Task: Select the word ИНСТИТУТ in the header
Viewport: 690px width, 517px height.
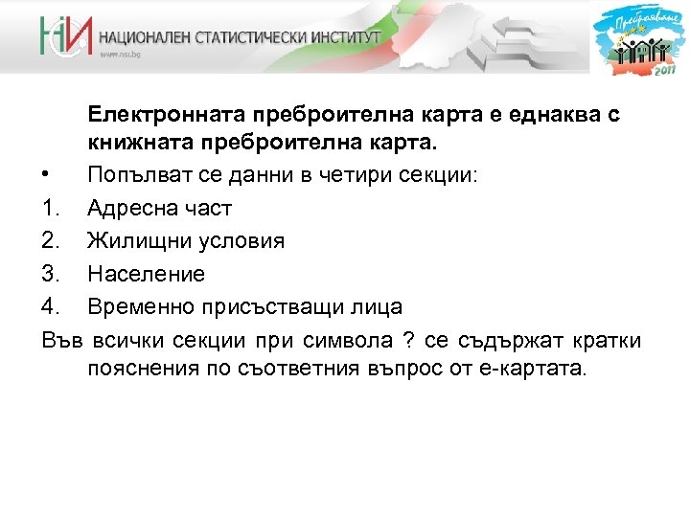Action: click(x=346, y=37)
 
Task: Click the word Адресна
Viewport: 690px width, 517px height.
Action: click(x=130, y=209)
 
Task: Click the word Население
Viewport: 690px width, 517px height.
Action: click(x=146, y=275)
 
